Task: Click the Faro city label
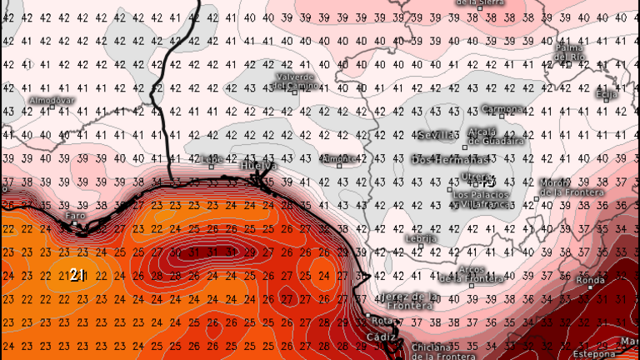coord(75,216)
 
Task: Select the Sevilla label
coord(437,135)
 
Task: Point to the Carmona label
coord(502,108)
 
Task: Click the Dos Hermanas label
coord(450,158)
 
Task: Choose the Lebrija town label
coord(420,238)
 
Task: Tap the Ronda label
coord(591,280)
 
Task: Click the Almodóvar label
coord(52,100)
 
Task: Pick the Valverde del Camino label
coord(295,81)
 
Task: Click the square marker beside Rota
coord(367,316)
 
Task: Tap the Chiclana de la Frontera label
coord(432,352)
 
